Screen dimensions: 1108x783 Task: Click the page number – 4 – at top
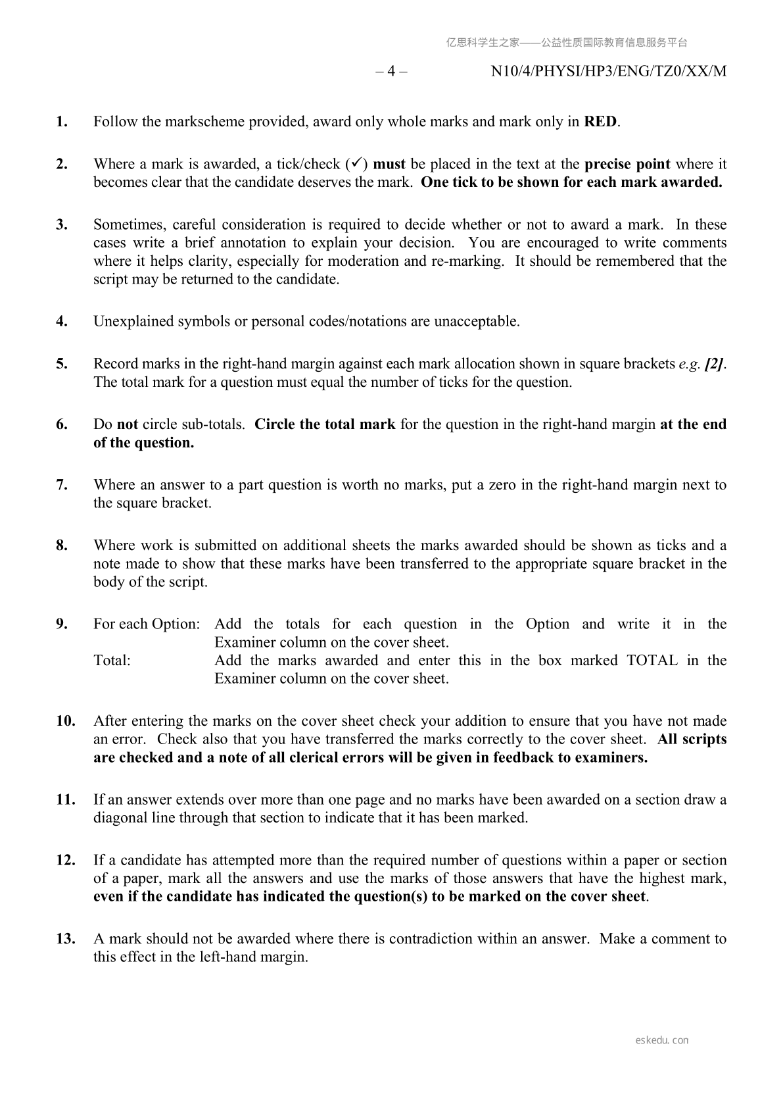391,71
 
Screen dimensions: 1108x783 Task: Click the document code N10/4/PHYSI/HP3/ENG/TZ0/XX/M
608,71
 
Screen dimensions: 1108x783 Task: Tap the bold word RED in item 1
600,122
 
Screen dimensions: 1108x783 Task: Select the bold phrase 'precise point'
627,164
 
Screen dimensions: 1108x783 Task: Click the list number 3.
62,224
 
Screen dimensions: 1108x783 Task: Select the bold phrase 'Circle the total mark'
325,424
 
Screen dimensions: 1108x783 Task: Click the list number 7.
62,485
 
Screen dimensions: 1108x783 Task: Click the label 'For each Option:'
147,624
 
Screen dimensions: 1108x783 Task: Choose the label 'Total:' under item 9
112,661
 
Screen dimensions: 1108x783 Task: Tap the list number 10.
65,721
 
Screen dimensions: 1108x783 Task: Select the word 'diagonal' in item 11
120,818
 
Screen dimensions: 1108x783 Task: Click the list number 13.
65,939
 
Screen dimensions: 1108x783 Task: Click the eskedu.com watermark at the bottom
662,1040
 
